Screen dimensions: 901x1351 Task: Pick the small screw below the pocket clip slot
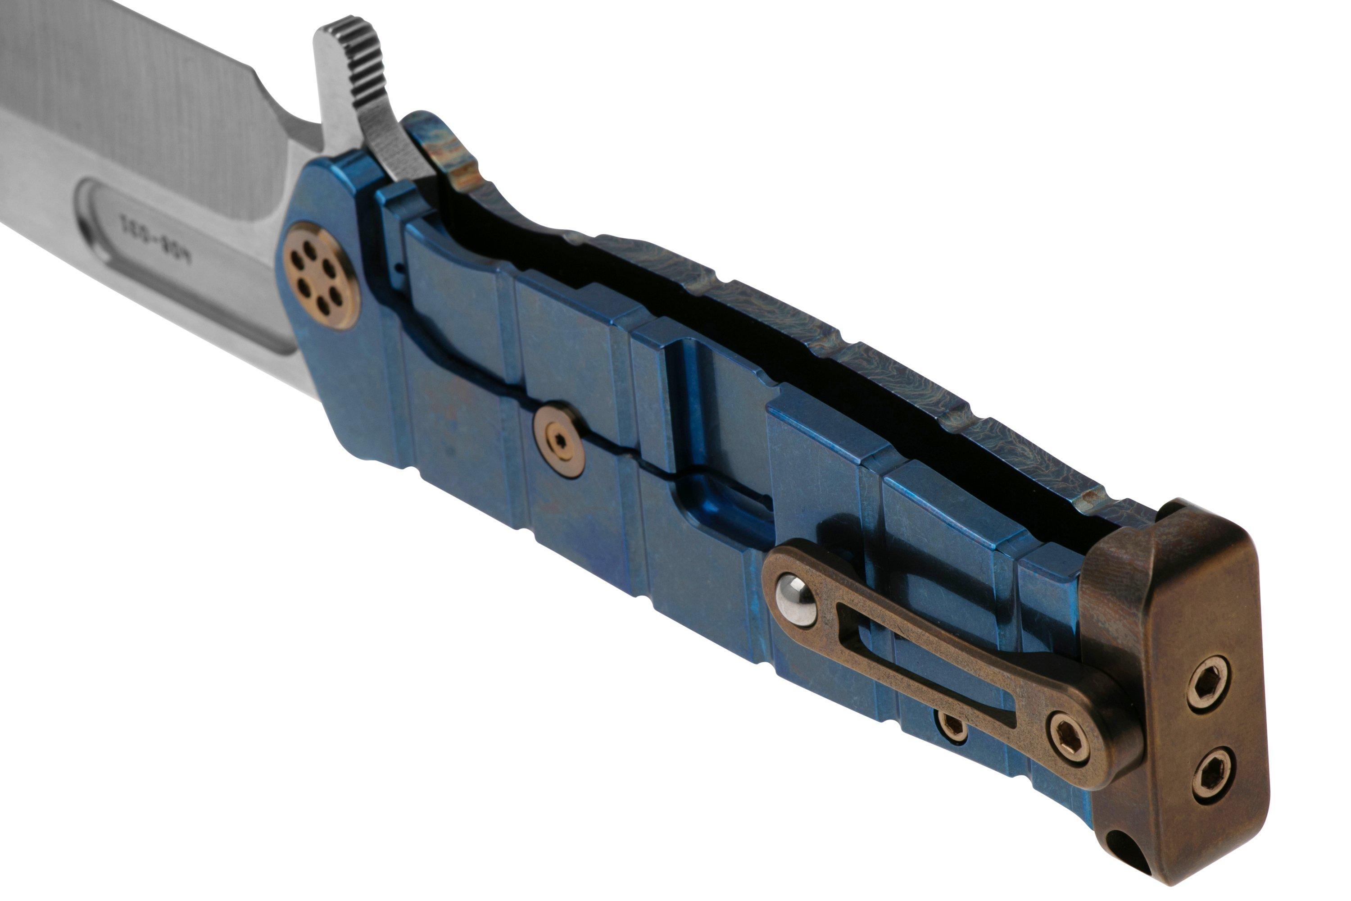coord(953,725)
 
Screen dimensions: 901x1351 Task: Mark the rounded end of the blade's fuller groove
coord(92,218)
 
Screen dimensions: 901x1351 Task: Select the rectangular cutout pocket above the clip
coord(724,494)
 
